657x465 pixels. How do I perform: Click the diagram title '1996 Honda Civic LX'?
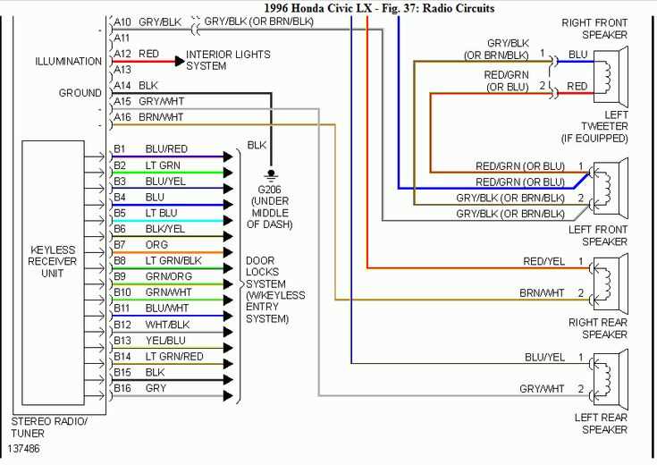pyautogui.click(x=321, y=8)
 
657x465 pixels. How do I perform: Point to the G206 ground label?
pyautogui.click(x=268, y=189)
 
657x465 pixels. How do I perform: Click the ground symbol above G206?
pyautogui.click(x=269, y=174)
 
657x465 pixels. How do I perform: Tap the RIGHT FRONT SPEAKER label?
pyautogui.click(x=594, y=28)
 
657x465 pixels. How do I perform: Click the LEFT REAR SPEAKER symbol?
pyautogui.click(x=608, y=375)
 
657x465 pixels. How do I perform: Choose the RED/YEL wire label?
pyautogui.click(x=544, y=260)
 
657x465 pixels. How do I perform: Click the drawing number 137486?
pyautogui.click(x=23, y=448)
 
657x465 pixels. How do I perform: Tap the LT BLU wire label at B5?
pyautogui.click(x=162, y=212)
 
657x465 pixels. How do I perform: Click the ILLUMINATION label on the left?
pyautogui.click(x=68, y=62)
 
